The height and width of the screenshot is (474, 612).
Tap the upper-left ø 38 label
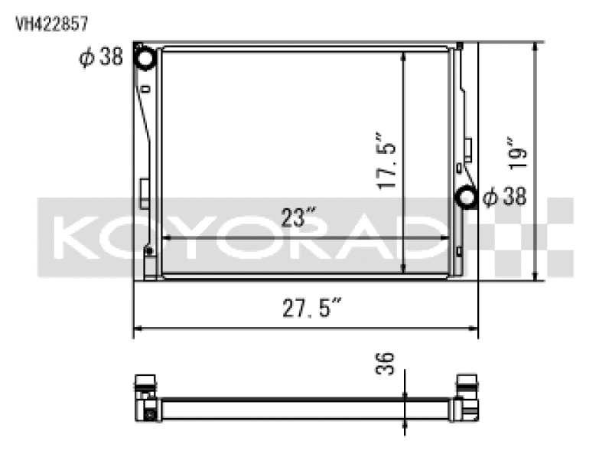[101, 57]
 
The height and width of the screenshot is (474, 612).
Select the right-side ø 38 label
[505, 197]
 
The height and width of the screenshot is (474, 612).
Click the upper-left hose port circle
[145, 57]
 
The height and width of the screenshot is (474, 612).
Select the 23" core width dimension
[292, 218]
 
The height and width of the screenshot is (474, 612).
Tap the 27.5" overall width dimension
[305, 309]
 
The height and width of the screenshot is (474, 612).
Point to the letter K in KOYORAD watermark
[76, 237]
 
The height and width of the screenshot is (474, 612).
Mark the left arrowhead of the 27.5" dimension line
[138, 330]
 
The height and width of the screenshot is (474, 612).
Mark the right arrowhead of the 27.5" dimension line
[474, 330]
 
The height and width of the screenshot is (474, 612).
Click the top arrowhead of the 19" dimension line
[535, 47]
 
